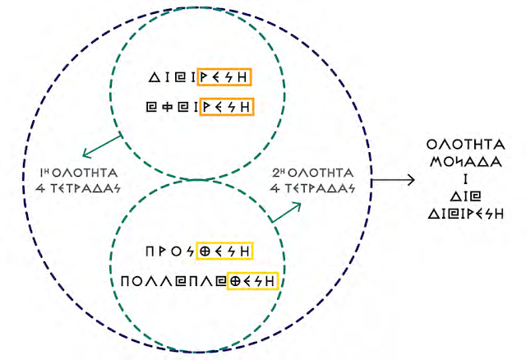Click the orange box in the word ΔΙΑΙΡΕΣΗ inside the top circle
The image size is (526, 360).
click(223, 78)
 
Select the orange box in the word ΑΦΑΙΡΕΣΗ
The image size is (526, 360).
click(223, 106)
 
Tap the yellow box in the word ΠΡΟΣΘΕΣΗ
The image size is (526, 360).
click(223, 249)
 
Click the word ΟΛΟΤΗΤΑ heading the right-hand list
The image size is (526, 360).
click(466, 145)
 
